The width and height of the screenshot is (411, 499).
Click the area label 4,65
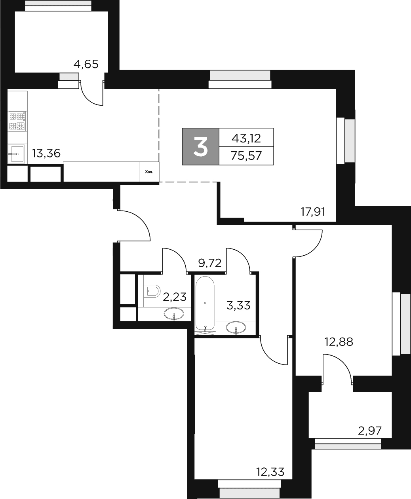(86, 64)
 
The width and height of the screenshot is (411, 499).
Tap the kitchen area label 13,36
(46, 153)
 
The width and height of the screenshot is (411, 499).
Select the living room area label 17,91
(312, 212)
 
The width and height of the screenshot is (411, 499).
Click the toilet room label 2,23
(175, 297)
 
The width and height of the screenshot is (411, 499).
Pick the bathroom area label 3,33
(238, 305)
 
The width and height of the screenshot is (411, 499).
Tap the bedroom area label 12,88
(339, 341)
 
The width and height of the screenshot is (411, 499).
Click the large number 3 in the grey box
(200, 146)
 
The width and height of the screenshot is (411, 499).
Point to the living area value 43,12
(246, 138)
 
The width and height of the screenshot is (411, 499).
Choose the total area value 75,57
(246, 156)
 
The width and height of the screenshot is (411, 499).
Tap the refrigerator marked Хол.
(149, 172)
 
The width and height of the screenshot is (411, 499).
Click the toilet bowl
(152, 291)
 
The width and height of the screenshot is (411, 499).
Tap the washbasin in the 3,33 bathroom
(236, 328)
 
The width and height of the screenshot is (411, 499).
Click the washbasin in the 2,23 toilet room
(174, 315)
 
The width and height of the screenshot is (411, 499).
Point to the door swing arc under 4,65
(91, 95)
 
